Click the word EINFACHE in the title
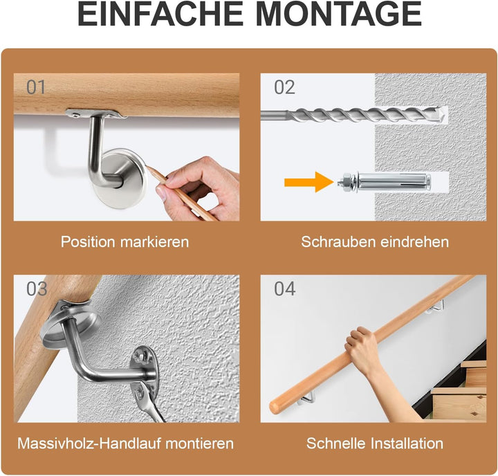click(160, 14)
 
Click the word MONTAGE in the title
click(338, 14)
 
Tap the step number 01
click(36, 87)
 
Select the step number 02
click(284, 87)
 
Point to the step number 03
click(37, 289)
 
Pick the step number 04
click(285, 289)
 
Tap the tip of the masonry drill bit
click(443, 115)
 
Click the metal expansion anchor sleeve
click(394, 182)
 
